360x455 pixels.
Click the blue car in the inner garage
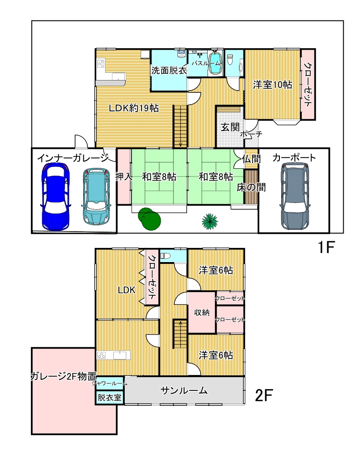click(56, 197)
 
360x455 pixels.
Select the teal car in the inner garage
click(96, 197)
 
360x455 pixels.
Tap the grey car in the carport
click(294, 196)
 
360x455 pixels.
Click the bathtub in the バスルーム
click(215, 63)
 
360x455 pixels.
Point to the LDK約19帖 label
click(134, 108)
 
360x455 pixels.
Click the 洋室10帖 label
click(272, 85)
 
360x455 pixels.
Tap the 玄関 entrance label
click(230, 127)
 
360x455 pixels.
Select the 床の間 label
click(251, 187)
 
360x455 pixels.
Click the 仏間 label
click(251, 159)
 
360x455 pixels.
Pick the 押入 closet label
click(124, 177)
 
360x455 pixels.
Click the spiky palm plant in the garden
click(210, 222)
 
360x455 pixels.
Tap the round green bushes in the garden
click(149, 219)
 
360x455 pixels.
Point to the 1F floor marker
click(326, 247)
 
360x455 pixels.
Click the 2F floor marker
click(264, 395)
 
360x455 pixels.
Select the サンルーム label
click(184, 390)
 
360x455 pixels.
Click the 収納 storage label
click(202, 313)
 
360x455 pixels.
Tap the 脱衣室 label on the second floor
click(109, 397)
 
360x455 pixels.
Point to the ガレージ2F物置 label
click(63, 376)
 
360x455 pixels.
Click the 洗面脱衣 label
click(169, 70)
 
